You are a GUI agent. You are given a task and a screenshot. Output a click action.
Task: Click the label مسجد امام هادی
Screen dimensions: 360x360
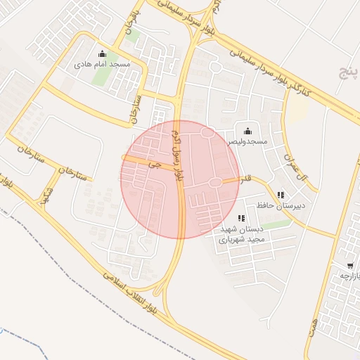click(x=103, y=64)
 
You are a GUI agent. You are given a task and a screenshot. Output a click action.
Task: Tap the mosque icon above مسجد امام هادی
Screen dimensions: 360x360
click(x=103, y=53)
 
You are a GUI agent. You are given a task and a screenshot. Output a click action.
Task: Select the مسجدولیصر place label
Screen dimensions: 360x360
click(x=247, y=141)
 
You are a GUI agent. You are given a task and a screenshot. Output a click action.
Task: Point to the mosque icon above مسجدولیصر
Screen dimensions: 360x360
click(x=247, y=131)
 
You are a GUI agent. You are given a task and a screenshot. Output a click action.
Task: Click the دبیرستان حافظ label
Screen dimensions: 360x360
click(x=281, y=205)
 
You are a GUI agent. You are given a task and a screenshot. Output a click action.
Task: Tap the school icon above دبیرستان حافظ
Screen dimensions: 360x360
click(x=281, y=195)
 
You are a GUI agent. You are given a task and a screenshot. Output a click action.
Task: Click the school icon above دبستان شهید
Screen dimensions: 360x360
click(x=242, y=219)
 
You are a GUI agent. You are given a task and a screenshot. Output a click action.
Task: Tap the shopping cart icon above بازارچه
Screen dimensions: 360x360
click(x=350, y=266)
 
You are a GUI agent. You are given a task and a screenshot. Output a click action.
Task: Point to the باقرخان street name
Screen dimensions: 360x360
click(x=136, y=25)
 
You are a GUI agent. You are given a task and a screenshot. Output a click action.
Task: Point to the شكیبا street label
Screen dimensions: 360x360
click(x=47, y=191)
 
